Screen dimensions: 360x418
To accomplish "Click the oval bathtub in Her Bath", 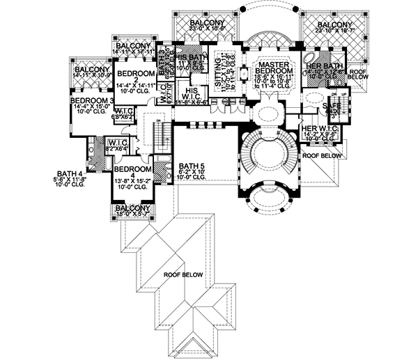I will pos(310,56).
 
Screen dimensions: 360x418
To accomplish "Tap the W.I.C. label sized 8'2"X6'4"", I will pos(115,145).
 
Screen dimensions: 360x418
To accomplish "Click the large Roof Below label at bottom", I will pos(183,275).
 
